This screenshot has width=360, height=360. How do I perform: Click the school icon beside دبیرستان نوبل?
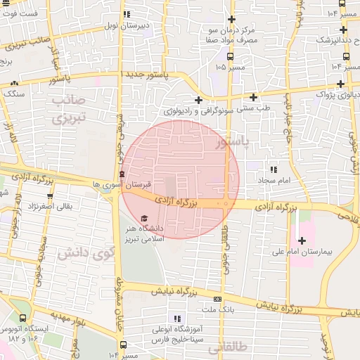[x=127, y=14]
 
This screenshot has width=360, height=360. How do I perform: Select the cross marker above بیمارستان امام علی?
[x=302, y=240]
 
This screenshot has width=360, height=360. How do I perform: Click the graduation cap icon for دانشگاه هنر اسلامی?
[x=144, y=219]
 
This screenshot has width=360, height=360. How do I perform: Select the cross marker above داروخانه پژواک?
[x=343, y=80]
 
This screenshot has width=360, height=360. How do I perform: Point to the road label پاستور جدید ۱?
[x=150, y=74]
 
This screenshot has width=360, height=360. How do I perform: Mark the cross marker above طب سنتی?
[x=253, y=96]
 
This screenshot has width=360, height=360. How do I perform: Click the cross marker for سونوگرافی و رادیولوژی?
[x=199, y=100]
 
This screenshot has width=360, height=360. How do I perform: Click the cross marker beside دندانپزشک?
[x=342, y=30]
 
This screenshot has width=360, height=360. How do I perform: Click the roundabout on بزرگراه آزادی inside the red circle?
[x=226, y=204]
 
